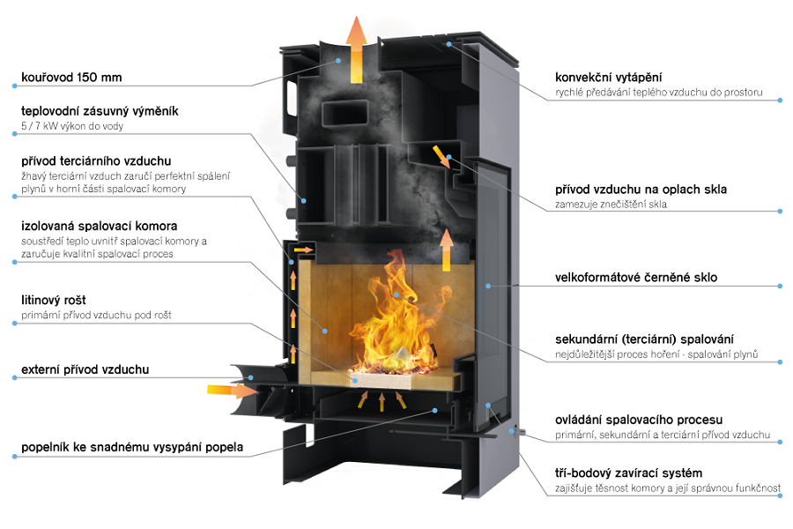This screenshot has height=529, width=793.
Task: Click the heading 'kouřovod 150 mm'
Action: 71,78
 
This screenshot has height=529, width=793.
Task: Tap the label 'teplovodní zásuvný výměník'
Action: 100,111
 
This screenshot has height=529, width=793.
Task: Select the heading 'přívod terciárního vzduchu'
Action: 96,161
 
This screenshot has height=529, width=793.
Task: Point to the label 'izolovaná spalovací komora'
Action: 99,226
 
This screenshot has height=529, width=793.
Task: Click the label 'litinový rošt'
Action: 54,300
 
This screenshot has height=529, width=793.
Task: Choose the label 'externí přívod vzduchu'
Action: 85,369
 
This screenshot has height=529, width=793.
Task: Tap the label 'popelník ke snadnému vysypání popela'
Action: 132,447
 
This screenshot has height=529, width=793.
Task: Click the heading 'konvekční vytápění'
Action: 608,78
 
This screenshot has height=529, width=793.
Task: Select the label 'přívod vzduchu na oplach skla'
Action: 641,190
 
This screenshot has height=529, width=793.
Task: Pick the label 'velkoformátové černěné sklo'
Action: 636,278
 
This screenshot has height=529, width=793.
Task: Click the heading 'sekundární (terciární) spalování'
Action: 644,339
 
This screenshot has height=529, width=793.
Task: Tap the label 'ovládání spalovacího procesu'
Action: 639,420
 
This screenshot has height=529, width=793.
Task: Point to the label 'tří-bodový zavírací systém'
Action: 628,473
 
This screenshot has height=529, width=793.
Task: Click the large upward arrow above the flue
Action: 357,49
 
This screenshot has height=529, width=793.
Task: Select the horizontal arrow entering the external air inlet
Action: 233,390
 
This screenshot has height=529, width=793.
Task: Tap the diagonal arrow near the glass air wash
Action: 441,156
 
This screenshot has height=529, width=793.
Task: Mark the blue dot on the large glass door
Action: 488,286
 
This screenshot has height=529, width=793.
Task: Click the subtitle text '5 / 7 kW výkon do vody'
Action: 72,126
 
